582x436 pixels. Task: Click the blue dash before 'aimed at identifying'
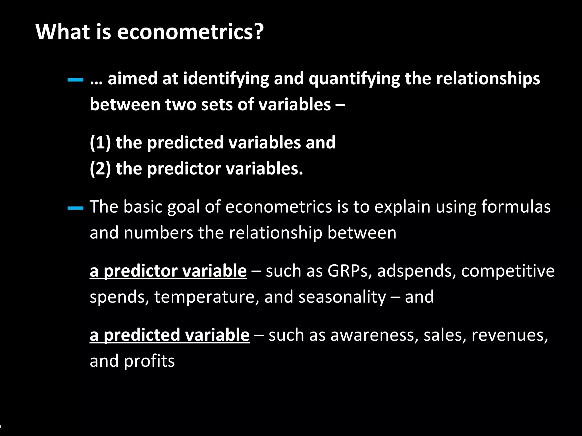75,80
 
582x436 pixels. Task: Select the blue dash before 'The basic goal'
75,208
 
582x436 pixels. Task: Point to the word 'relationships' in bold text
488,79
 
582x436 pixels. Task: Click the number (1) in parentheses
100,142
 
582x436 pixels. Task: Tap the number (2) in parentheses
100,169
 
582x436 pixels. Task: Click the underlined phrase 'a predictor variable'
168,271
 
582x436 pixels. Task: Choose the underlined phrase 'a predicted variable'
170,335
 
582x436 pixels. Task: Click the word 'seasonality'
342,297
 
